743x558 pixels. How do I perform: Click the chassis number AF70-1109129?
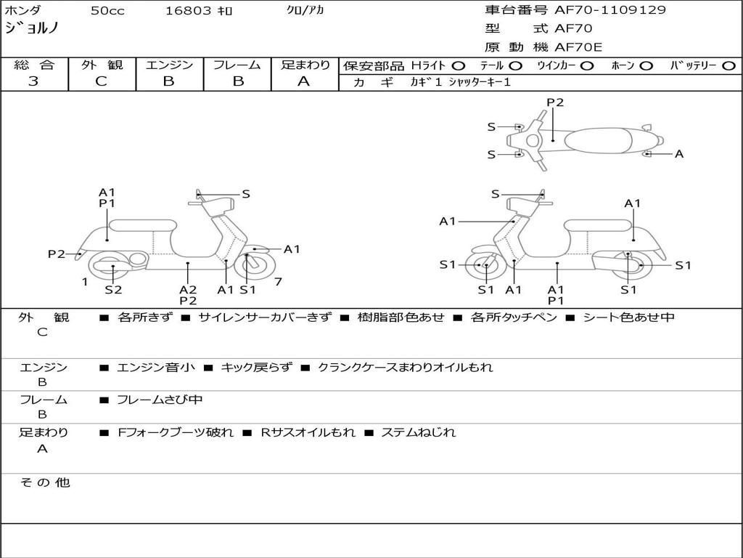click(x=609, y=9)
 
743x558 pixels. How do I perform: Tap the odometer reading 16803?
click(x=188, y=10)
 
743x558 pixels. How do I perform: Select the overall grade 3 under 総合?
click(x=33, y=81)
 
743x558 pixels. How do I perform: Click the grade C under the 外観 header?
click(x=102, y=81)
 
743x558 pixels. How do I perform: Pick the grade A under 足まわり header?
click(x=304, y=81)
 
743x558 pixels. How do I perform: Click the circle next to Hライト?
click(x=459, y=66)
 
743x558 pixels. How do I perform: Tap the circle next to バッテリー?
click(x=728, y=66)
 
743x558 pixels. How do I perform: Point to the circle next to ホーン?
click(x=646, y=66)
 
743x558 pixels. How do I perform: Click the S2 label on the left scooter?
click(x=113, y=289)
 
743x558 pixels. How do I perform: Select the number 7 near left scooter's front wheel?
click(x=278, y=282)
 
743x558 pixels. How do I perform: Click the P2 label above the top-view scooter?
click(x=555, y=102)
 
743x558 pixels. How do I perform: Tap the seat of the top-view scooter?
click(x=598, y=140)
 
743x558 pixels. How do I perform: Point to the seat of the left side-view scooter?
click(x=143, y=225)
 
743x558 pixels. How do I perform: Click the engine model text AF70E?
click(x=578, y=47)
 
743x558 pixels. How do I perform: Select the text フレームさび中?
click(x=160, y=400)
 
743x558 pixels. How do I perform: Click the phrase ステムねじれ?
click(x=419, y=432)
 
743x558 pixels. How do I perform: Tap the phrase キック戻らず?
click(x=256, y=367)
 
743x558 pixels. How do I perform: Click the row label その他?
click(x=45, y=482)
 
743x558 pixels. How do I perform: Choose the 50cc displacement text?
click(x=107, y=10)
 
